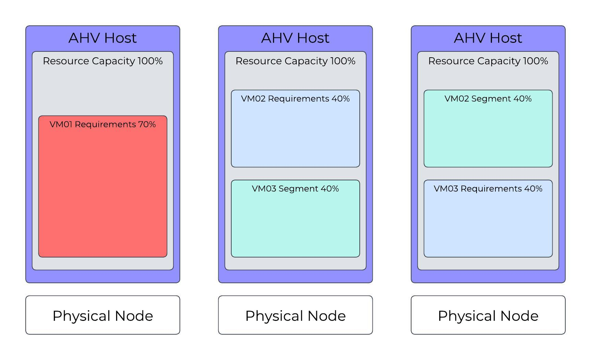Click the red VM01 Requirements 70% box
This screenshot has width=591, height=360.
point(103,192)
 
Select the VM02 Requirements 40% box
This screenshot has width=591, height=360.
point(295,134)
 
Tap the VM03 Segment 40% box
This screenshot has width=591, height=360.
point(295,223)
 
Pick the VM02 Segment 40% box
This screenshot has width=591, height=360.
point(488,134)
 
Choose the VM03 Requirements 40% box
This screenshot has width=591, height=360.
point(488,223)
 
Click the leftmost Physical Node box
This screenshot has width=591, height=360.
point(103,315)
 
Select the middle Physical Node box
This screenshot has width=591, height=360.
point(295,315)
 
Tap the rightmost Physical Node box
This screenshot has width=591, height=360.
point(488,315)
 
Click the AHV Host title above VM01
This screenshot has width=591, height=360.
point(103,38)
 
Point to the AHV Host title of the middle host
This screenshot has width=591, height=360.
point(295,38)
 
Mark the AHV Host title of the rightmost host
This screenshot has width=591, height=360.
point(488,38)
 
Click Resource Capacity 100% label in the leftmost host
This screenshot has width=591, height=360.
point(103,61)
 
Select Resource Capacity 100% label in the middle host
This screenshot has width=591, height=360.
point(295,61)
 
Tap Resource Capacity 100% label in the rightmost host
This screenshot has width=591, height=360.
point(488,61)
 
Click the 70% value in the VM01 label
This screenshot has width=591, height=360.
point(147,124)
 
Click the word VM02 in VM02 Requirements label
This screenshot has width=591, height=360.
point(253,99)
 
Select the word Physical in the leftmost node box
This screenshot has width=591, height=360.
point(81,316)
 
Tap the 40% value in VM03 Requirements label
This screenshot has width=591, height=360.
point(533,189)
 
